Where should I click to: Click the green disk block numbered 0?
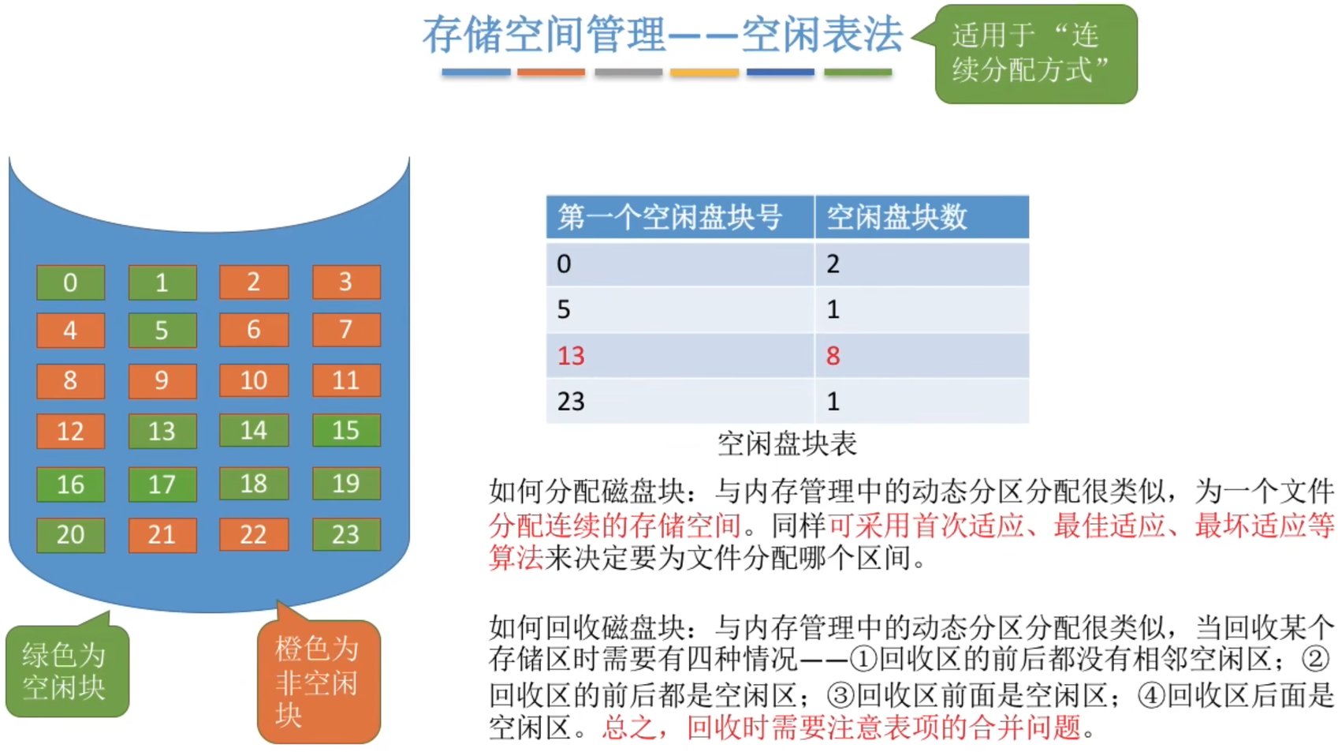pyautogui.click(x=70, y=282)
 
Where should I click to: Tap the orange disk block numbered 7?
pyautogui.click(x=346, y=330)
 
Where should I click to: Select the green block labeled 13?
pyautogui.click(x=162, y=431)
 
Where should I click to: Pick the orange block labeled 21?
pyautogui.click(x=162, y=535)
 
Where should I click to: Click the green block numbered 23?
pyautogui.click(x=346, y=535)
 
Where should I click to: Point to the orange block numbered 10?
pyautogui.click(x=254, y=380)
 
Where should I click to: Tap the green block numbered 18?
pyautogui.click(x=254, y=484)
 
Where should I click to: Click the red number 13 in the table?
pyautogui.click(x=571, y=356)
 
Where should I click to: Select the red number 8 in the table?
pyautogui.click(x=833, y=356)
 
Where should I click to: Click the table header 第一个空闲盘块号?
pyautogui.click(x=670, y=217)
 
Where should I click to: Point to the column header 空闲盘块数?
pyautogui.click(x=897, y=217)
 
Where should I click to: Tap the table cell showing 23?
pyautogui.click(x=571, y=402)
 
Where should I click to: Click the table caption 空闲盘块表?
pyautogui.click(x=787, y=444)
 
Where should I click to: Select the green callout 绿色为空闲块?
pyautogui.click(x=65, y=671)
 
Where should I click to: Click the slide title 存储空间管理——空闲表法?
pyautogui.click(x=662, y=36)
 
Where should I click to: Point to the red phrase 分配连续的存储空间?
pyautogui.click(x=615, y=525)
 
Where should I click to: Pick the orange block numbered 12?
pyautogui.click(x=70, y=431)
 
